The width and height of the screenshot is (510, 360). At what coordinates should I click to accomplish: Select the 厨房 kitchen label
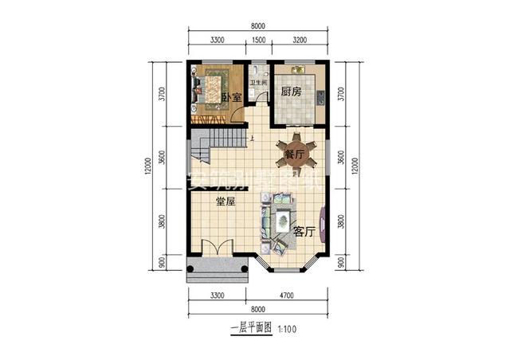tap(292, 92)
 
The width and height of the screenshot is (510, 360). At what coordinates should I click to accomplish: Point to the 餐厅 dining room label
tap(295, 155)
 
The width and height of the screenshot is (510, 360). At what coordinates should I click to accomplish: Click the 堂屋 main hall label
tap(226, 202)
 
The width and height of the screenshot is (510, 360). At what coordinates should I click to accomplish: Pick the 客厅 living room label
tap(304, 232)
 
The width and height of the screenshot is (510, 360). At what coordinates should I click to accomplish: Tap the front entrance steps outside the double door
tap(215, 271)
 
